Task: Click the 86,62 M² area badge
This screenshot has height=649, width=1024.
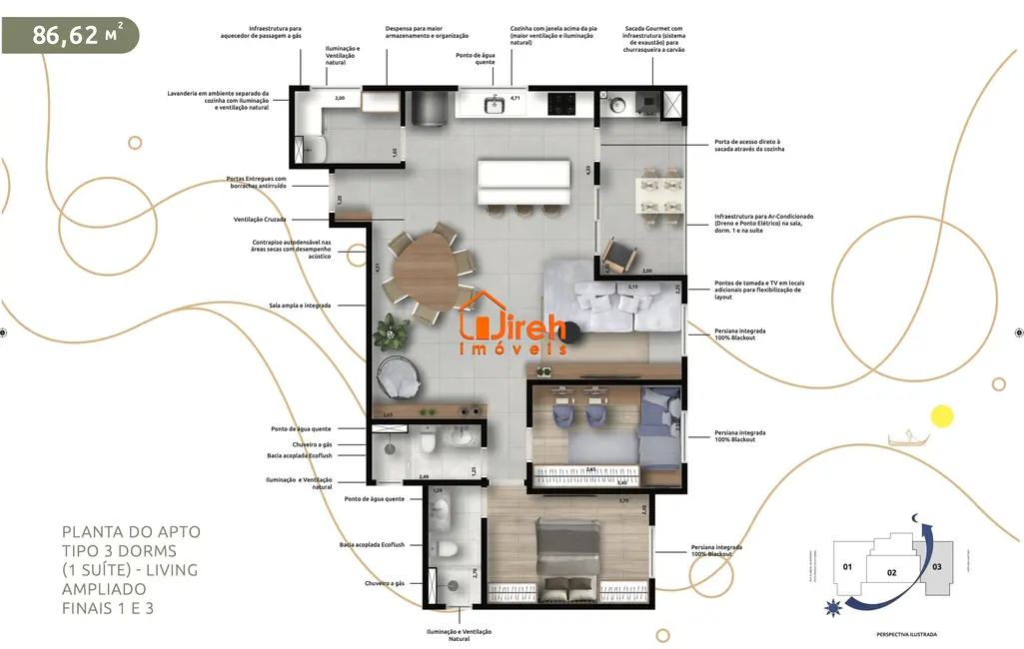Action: tap(70, 35)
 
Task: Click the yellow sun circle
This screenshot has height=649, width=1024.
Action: tap(941, 416)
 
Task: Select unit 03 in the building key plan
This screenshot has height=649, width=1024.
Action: tap(936, 567)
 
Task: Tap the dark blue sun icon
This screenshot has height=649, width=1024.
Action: tap(831, 606)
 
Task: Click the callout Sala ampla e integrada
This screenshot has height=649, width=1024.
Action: tap(300, 305)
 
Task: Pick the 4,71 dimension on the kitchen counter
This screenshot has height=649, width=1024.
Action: tap(515, 98)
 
